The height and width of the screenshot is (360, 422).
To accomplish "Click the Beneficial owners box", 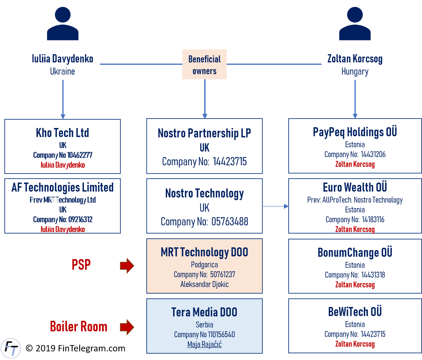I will click(x=204, y=65).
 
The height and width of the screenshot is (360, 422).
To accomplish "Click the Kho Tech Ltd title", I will click(x=62, y=133).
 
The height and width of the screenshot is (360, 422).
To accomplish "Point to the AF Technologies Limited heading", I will click(x=62, y=187).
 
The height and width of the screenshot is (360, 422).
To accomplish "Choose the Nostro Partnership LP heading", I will click(x=204, y=133).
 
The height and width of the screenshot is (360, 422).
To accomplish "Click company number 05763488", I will click(x=229, y=221).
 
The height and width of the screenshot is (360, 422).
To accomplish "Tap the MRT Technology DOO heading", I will click(x=204, y=252).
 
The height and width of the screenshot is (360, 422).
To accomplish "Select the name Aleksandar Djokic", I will click(x=204, y=284).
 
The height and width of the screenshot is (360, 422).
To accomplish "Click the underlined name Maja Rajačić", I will click(x=204, y=344).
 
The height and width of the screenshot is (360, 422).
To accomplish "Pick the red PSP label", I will click(x=81, y=265).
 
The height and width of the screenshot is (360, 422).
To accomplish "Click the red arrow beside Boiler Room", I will click(x=127, y=327).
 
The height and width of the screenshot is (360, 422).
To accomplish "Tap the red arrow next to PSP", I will click(x=127, y=266).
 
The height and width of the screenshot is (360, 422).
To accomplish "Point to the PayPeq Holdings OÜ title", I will click(x=355, y=132).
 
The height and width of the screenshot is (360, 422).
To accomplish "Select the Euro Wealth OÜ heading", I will click(x=355, y=187).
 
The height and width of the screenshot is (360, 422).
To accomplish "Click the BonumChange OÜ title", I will click(x=355, y=252).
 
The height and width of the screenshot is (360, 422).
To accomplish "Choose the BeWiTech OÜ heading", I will click(x=355, y=312).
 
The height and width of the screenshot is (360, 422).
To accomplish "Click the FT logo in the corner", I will click(x=11, y=348).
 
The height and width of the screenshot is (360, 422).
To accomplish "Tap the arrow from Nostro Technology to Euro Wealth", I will click(x=276, y=206).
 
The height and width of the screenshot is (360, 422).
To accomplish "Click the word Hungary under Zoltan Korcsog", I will click(x=355, y=71).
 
